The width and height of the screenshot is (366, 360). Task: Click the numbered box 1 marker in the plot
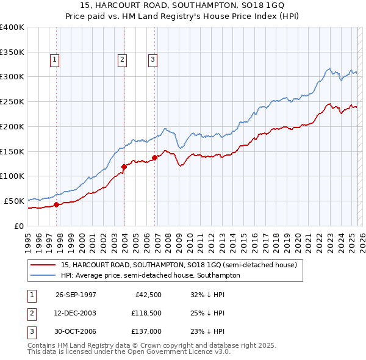click(55, 59)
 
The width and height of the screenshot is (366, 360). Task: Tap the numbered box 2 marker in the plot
click(123, 59)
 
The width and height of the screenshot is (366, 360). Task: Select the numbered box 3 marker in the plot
click(152, 59)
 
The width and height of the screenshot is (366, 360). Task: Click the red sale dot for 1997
click(57, 205)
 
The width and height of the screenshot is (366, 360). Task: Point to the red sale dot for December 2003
click(124, 166)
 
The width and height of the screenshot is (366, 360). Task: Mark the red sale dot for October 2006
click(155, 157)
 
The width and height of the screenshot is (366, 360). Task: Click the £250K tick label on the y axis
click(12, 102)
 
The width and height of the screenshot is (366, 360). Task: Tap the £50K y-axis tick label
click(15, 201)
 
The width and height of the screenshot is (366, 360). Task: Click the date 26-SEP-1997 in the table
click(76, 294)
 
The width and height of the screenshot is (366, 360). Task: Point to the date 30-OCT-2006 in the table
click(76, 331)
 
